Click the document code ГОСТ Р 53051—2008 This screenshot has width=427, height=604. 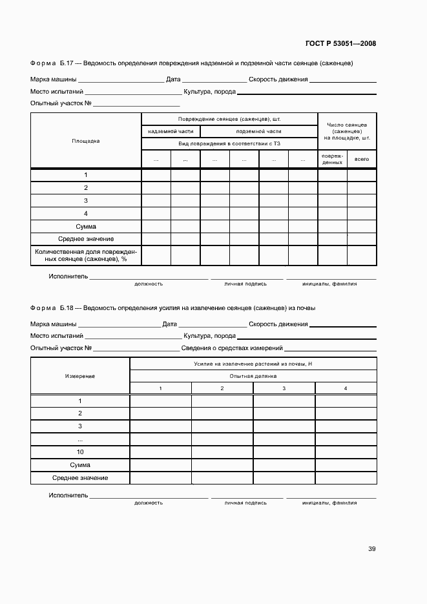340,44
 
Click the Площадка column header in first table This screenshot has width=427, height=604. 86,141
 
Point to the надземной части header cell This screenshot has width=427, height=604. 171,131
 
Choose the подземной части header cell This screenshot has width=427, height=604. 259,131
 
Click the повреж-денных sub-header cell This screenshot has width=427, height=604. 332,159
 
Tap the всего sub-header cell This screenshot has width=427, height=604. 362,158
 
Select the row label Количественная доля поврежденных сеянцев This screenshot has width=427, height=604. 86,255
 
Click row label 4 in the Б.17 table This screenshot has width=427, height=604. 86,213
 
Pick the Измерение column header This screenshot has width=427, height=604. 80,375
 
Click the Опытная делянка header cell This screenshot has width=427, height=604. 253,375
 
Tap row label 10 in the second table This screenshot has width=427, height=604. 80,452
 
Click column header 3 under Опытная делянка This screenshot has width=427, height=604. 284,388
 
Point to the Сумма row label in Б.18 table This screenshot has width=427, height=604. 80,464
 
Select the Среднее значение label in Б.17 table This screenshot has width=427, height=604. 86,239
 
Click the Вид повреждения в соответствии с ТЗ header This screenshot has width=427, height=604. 229,143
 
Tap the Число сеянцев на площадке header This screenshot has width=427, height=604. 347,131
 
